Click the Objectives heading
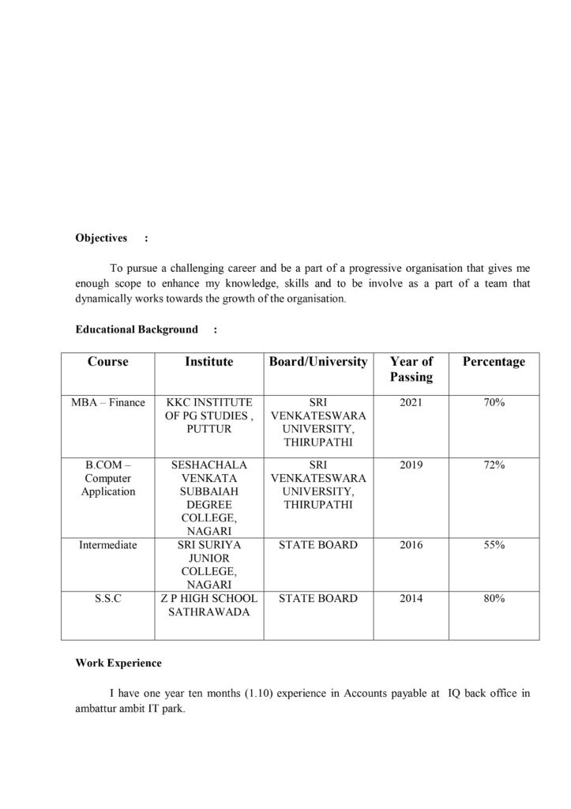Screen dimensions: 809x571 tap(101, 238)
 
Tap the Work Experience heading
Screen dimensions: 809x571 tap(118, 663)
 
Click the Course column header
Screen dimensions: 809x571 tap(108, 362)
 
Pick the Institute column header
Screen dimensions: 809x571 tap(208, 362)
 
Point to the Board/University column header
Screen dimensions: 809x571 tap(318, 362)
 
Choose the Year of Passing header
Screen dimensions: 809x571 tap(411, 369)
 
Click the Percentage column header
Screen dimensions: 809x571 tap(494, 362)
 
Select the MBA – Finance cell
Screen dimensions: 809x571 tap(108, 402)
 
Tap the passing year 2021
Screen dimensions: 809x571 tap(411, 402)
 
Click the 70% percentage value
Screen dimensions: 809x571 tap(494, 402)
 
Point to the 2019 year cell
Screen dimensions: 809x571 tap(411, 465)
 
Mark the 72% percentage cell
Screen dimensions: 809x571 tap(494, 465)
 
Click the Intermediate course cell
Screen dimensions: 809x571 tap(108, 545)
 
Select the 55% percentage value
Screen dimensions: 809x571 tap(494, 545)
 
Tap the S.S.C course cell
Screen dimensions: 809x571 tap(108, 598)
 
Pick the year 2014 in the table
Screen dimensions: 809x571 tap(411, 598)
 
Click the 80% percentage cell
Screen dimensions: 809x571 tap(494, 598)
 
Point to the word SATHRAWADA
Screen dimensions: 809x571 tap(208, 611)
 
